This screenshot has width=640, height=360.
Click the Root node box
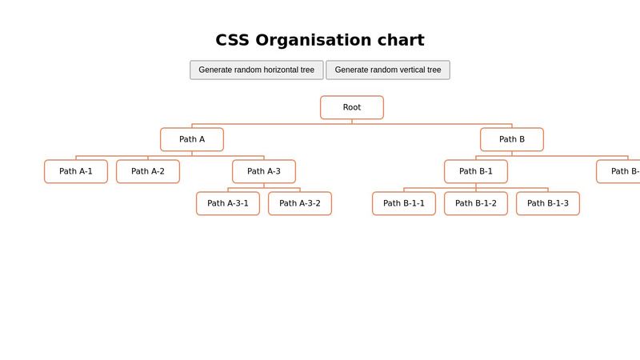coord(352,107)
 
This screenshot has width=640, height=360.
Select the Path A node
coord(192,139)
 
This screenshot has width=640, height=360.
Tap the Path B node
coord(512,139)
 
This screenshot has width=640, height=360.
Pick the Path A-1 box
coord(76,171)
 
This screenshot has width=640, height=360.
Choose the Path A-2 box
coord(148,171)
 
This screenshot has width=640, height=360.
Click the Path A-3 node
coord(264,171)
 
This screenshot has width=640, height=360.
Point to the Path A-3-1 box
coord(228,203)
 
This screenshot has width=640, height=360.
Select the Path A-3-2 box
coord(300,203)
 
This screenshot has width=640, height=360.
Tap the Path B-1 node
coord(476,171)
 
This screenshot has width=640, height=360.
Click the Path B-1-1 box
coord(404,203)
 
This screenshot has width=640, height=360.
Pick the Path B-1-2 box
coord(476,203)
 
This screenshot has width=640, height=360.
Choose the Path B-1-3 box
coord(548,203)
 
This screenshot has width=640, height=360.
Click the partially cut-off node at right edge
coord(620,171)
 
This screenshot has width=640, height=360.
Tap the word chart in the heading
coord(401,40)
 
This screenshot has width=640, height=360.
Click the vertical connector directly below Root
coord(352,122)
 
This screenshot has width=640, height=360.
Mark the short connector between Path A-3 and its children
coord(264,186)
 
